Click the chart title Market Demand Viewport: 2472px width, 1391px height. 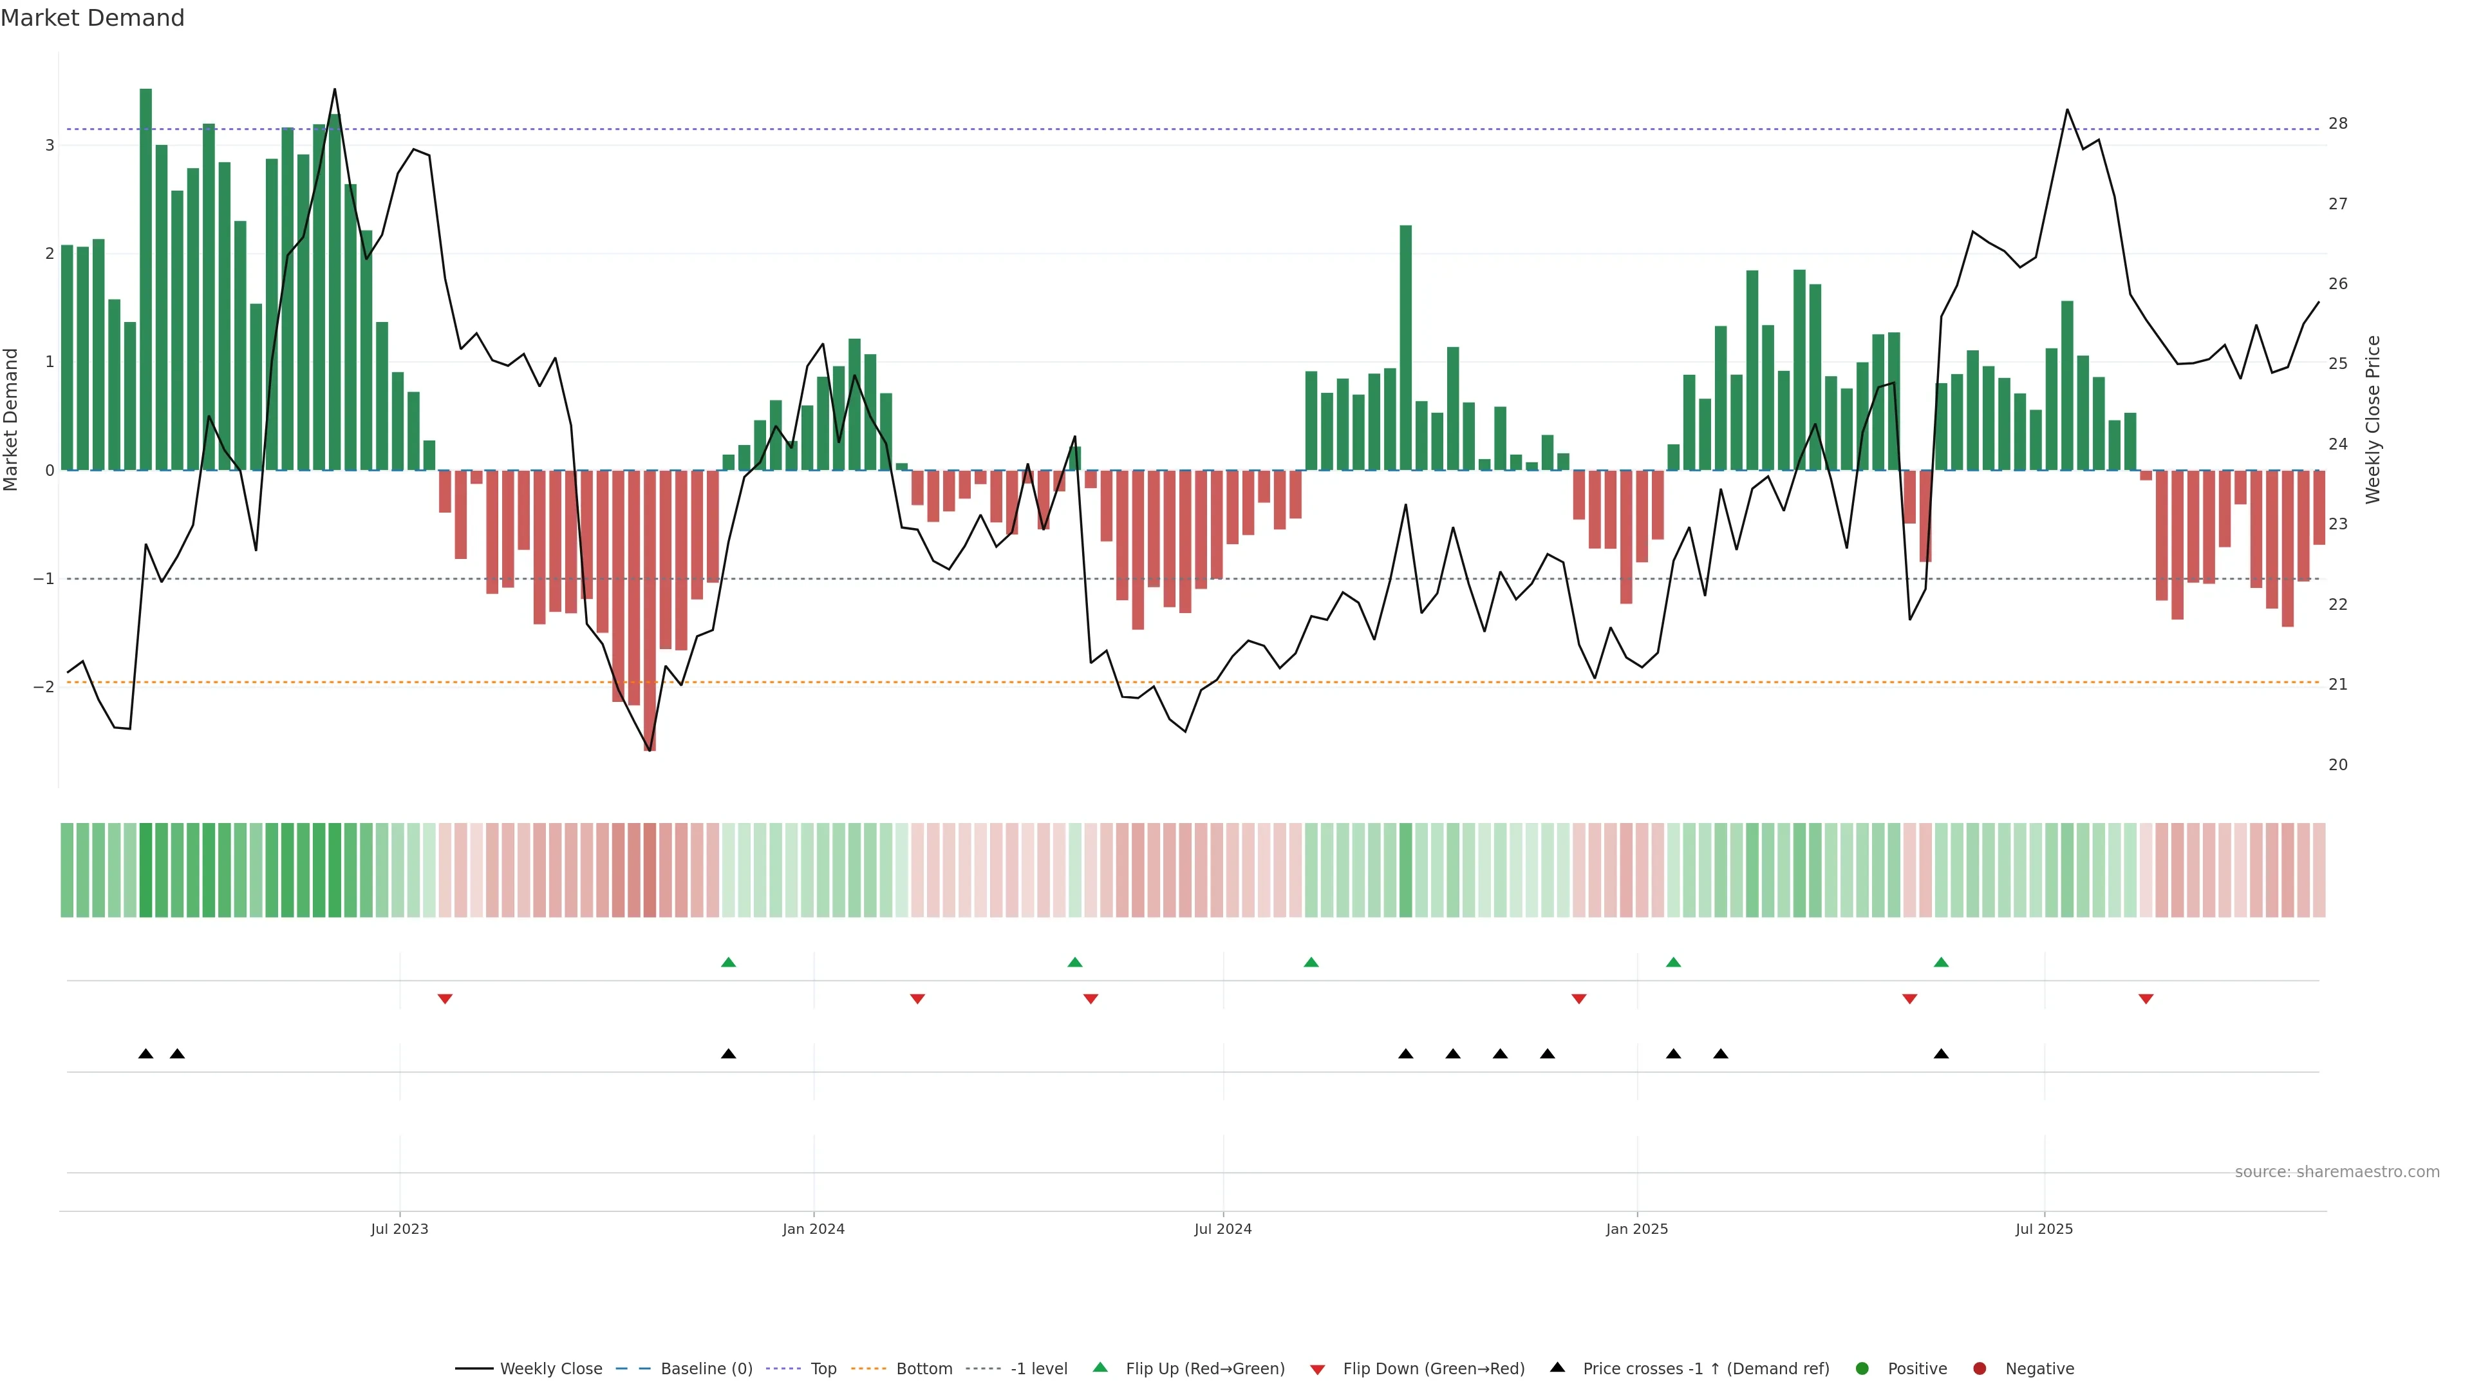(92, 18)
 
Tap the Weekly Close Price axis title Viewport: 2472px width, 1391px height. (2372, 419)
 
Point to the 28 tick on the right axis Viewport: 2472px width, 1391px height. (2337, 124)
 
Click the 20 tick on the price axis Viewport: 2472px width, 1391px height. (2337, 765)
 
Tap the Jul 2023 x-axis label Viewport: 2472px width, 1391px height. (399, 1229)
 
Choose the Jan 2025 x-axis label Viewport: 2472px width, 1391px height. (1636, 1229)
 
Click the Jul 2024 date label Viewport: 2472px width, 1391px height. (1222, 1229)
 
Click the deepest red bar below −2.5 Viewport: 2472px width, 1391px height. (650, 614)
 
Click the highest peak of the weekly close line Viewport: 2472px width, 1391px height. (334, 90)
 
